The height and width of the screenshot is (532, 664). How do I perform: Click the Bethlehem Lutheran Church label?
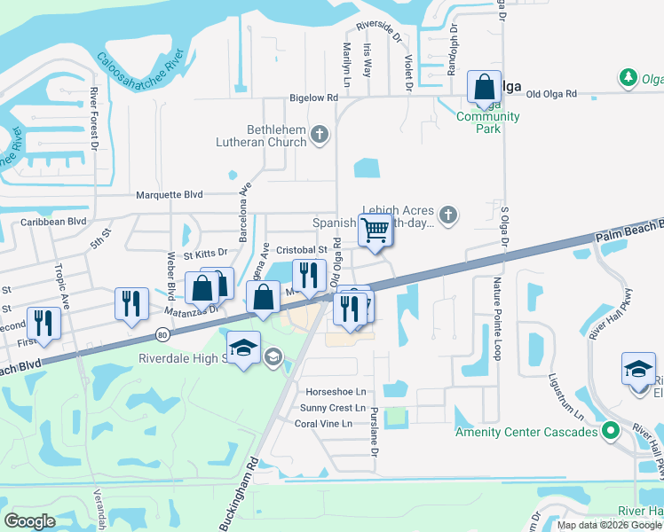coord(264,136)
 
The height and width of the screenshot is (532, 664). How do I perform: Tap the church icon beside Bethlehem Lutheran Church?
coord(320,136)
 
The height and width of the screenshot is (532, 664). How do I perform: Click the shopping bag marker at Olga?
coord(484,88)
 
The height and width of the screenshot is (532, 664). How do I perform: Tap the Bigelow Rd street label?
coord(313,98)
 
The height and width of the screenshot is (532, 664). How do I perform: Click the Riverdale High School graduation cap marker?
coord(243,348)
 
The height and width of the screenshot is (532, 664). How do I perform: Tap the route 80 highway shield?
coord(162,334)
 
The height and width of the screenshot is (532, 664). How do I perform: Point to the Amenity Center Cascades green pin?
coord(609,432)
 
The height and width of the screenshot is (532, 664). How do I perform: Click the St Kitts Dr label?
coord(206,254)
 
